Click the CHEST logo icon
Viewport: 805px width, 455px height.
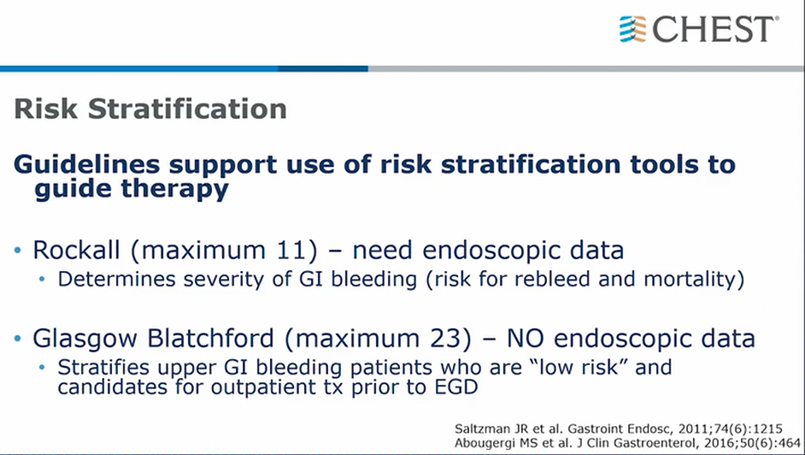click(x=632, y=29)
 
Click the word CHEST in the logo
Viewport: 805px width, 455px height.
click(x=714, y=29)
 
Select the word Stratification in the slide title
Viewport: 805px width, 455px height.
click(x=187, y=109)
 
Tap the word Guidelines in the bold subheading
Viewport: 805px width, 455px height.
click(x=87, y=164)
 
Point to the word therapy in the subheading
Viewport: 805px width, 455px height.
click(x=175, y=190)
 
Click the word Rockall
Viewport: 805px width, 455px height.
click(x=77, y=250)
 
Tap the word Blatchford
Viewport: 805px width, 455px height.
click(x=211, y=339)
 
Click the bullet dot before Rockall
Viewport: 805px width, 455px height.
click(x=18, y=251)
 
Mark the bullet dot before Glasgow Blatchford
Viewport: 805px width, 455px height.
click(x=18, y=339)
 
